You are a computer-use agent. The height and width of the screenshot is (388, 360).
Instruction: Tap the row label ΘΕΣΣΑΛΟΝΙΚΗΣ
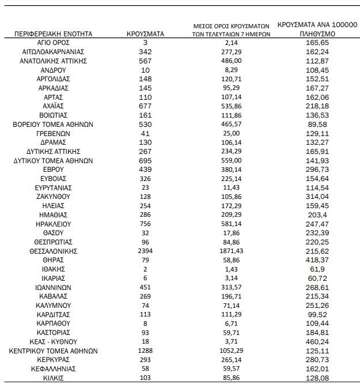click(x=53, y=251)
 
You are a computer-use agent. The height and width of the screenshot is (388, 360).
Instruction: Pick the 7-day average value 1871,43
click(x=232, y=251)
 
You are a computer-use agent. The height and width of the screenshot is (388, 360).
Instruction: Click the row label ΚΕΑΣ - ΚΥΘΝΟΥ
click(x=53, y=341)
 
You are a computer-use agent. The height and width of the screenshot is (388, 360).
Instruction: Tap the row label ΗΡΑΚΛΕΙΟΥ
click(x=53, y=224)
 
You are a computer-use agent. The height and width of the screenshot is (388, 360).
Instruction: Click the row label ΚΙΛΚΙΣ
click(x=53, y=378)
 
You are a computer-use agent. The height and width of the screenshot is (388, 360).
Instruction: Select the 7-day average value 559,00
click(x=232, y=160)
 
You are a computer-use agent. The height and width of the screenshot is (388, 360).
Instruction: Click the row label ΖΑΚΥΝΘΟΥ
click(x=53, y=197)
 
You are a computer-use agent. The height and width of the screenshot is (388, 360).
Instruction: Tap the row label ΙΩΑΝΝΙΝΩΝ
click(x=53, y=287)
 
